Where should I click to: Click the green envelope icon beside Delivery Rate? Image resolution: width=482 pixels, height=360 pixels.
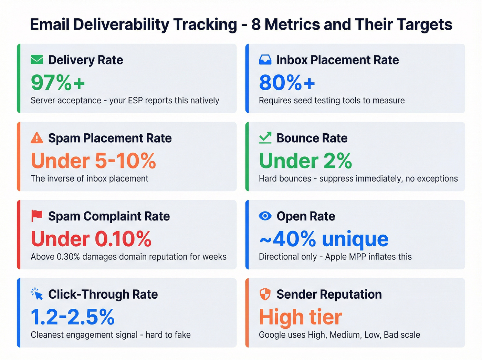click(37, 60)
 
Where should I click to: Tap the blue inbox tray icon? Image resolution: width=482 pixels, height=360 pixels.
click(265, 60)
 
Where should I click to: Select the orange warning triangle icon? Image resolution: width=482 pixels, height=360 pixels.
click(37, 138)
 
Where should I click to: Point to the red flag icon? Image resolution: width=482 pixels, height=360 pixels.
click(37, 216)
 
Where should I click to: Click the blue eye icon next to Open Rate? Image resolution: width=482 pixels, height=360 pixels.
click(265, 216)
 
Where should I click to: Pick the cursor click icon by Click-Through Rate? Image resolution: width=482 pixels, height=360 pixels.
click(37, 294)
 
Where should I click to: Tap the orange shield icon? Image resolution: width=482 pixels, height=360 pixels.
click(265, 294)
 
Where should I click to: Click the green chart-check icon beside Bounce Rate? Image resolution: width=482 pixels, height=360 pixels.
click(265, 138)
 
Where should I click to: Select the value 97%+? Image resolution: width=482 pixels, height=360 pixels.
click(58, 83)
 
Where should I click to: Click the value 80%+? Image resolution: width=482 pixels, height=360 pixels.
click(287, 83)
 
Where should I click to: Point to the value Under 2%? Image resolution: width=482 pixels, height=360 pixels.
click(305, 161)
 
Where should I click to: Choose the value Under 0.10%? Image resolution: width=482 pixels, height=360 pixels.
click(91, 239)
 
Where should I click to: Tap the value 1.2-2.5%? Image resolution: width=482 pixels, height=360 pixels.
click(73, 317)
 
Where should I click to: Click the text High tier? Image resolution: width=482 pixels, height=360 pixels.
click(301, 317)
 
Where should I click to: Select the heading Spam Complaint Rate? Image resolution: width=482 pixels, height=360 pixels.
click(109, 216)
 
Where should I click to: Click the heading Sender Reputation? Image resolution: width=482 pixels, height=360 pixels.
click(329, 295)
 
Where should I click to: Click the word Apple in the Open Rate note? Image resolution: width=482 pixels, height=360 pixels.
click(337, 257)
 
